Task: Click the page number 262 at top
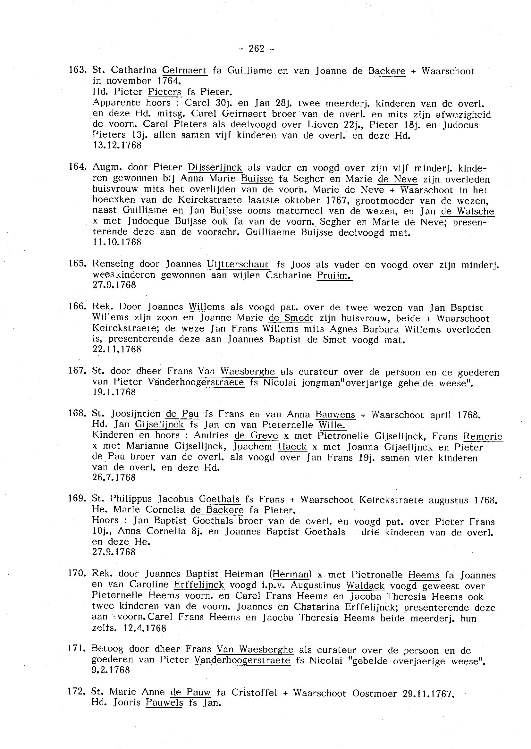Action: tap(256, 49)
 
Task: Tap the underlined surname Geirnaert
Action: tap(185, 70)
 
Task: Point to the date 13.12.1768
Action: tap(117, 145)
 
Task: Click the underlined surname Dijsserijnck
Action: tap(215, 167)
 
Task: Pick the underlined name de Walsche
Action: tap(467, 211)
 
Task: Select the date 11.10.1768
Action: tap(117, 242)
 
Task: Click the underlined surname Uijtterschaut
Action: tap(238, 264)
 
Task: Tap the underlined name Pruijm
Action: tap(334, 275)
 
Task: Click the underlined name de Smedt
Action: tap(291, 318)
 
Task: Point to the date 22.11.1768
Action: tap(117, 349)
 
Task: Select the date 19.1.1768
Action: tap(114, 392)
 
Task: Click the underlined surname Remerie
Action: tap(482, 436)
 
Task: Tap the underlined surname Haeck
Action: tap(292, 447)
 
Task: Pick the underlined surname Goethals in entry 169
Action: tap(219, 499)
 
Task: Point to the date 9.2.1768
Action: tap(111, 670)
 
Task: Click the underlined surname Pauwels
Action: tap(164, 703)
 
